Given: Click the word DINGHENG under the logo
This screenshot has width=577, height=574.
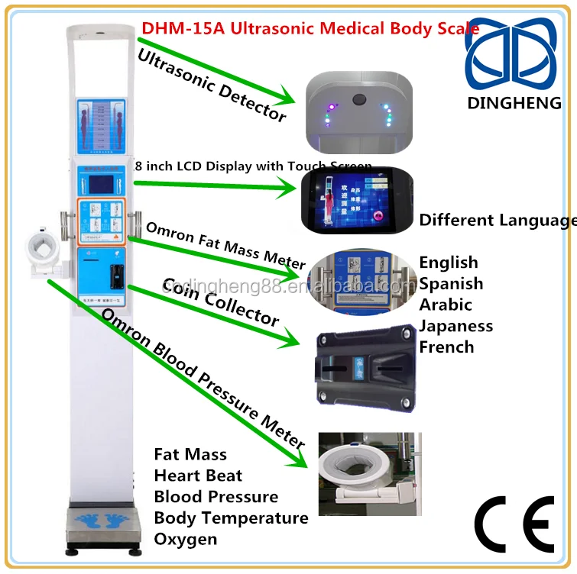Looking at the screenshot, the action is [514, 102].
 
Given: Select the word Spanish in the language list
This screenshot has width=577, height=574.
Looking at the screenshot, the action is [451, 283].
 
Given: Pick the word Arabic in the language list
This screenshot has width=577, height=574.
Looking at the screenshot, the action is [446, 305].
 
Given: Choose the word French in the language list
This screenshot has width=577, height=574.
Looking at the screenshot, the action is [446, 347].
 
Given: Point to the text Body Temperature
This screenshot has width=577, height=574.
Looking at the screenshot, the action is [231, 518].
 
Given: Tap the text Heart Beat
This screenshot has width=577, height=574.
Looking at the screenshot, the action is [198, 476].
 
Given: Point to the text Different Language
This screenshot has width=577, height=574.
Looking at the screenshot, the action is [498, 221].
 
